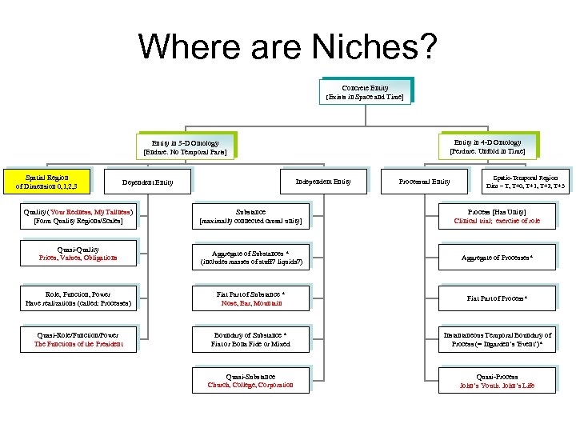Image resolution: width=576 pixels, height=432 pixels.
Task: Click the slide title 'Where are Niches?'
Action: tap(288, 47)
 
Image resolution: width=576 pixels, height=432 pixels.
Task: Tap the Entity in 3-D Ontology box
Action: tap(185, 146)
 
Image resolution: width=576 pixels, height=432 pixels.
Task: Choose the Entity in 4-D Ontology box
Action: tap(487, 146)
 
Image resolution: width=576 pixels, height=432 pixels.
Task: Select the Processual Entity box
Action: tap(424, 182)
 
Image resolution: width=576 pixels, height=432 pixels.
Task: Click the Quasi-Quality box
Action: tap(77, 254)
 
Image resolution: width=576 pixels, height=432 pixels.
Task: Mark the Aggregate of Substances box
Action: tap(250, 257)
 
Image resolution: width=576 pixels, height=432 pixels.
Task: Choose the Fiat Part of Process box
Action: tap(498, 298)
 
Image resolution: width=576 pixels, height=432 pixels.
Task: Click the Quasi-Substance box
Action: tap(250, 381)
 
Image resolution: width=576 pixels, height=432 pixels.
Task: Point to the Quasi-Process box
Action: tap(498, 381)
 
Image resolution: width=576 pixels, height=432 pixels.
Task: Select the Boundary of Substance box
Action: tap(250, 339)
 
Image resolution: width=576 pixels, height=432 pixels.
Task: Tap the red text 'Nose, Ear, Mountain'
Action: tap(250, 303)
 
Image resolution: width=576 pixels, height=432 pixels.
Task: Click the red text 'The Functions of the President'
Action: tap(77, 345)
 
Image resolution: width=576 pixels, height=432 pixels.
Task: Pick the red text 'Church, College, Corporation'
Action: tap(250, 386)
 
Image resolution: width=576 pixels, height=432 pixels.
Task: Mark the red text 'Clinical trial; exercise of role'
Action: tap(498, 221)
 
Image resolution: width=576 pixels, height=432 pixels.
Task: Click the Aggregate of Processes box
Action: tap(498, 257)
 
